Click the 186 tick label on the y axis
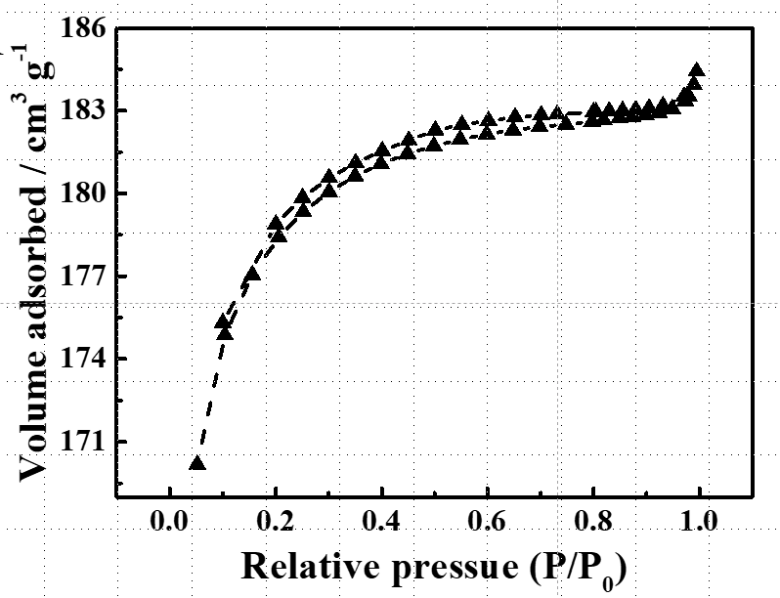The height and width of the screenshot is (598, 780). click(83, 28)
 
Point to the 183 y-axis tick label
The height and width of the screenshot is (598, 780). click(83, 110)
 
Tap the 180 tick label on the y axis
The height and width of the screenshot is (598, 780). click(83, 193)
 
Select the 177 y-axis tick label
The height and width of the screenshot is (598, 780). click(83, 277)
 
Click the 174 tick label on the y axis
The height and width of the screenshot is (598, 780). click(83, 359)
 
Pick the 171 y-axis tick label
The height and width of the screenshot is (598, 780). click(83, 442)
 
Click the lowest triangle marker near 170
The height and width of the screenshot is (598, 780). click(196, 462)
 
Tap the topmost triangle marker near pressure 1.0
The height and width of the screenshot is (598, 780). click(696, 70)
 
